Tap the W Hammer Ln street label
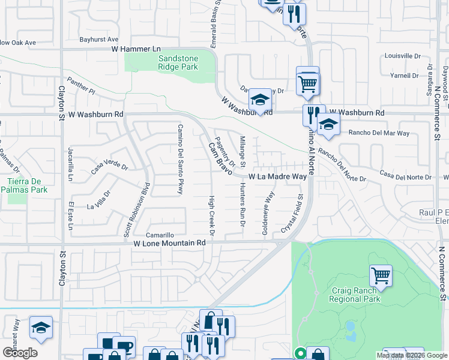136,49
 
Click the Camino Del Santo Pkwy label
179,159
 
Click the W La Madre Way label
279,177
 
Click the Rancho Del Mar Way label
370,133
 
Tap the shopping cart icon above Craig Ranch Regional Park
381,275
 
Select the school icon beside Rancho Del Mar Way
328,124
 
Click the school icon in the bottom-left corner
41,326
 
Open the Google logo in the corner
19,353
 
